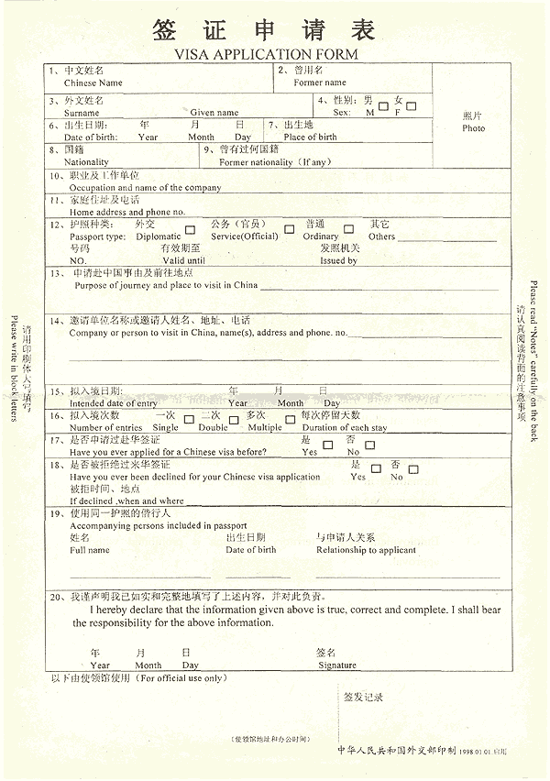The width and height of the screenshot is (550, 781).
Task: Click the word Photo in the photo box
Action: point(474,128)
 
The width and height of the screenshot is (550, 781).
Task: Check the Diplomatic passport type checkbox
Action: point(190,229)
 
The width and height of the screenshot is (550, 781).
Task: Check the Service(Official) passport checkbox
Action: point(289,229)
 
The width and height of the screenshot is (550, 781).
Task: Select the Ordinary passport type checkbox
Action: point(348,229)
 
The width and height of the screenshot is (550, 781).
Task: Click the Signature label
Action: point(337,665)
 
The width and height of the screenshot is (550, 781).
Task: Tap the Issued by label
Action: point(338,260)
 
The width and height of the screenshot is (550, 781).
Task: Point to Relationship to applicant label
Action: point(366,550)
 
